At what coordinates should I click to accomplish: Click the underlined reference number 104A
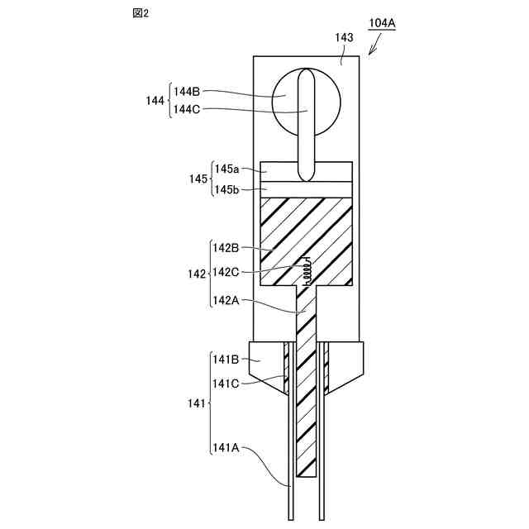[382, 23]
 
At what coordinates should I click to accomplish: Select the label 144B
[187, 93]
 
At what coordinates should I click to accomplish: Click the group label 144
[154, 100]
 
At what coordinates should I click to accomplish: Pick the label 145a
[227, 169]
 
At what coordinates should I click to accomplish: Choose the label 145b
[227, 189]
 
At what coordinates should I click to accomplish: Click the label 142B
[226, 247]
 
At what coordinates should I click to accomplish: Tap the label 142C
[226, 271]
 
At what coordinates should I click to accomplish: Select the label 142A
[226, 301]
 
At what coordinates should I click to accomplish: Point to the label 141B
[226, 359]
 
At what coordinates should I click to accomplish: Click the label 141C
[226, 383]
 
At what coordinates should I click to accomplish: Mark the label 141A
[226, 447]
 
